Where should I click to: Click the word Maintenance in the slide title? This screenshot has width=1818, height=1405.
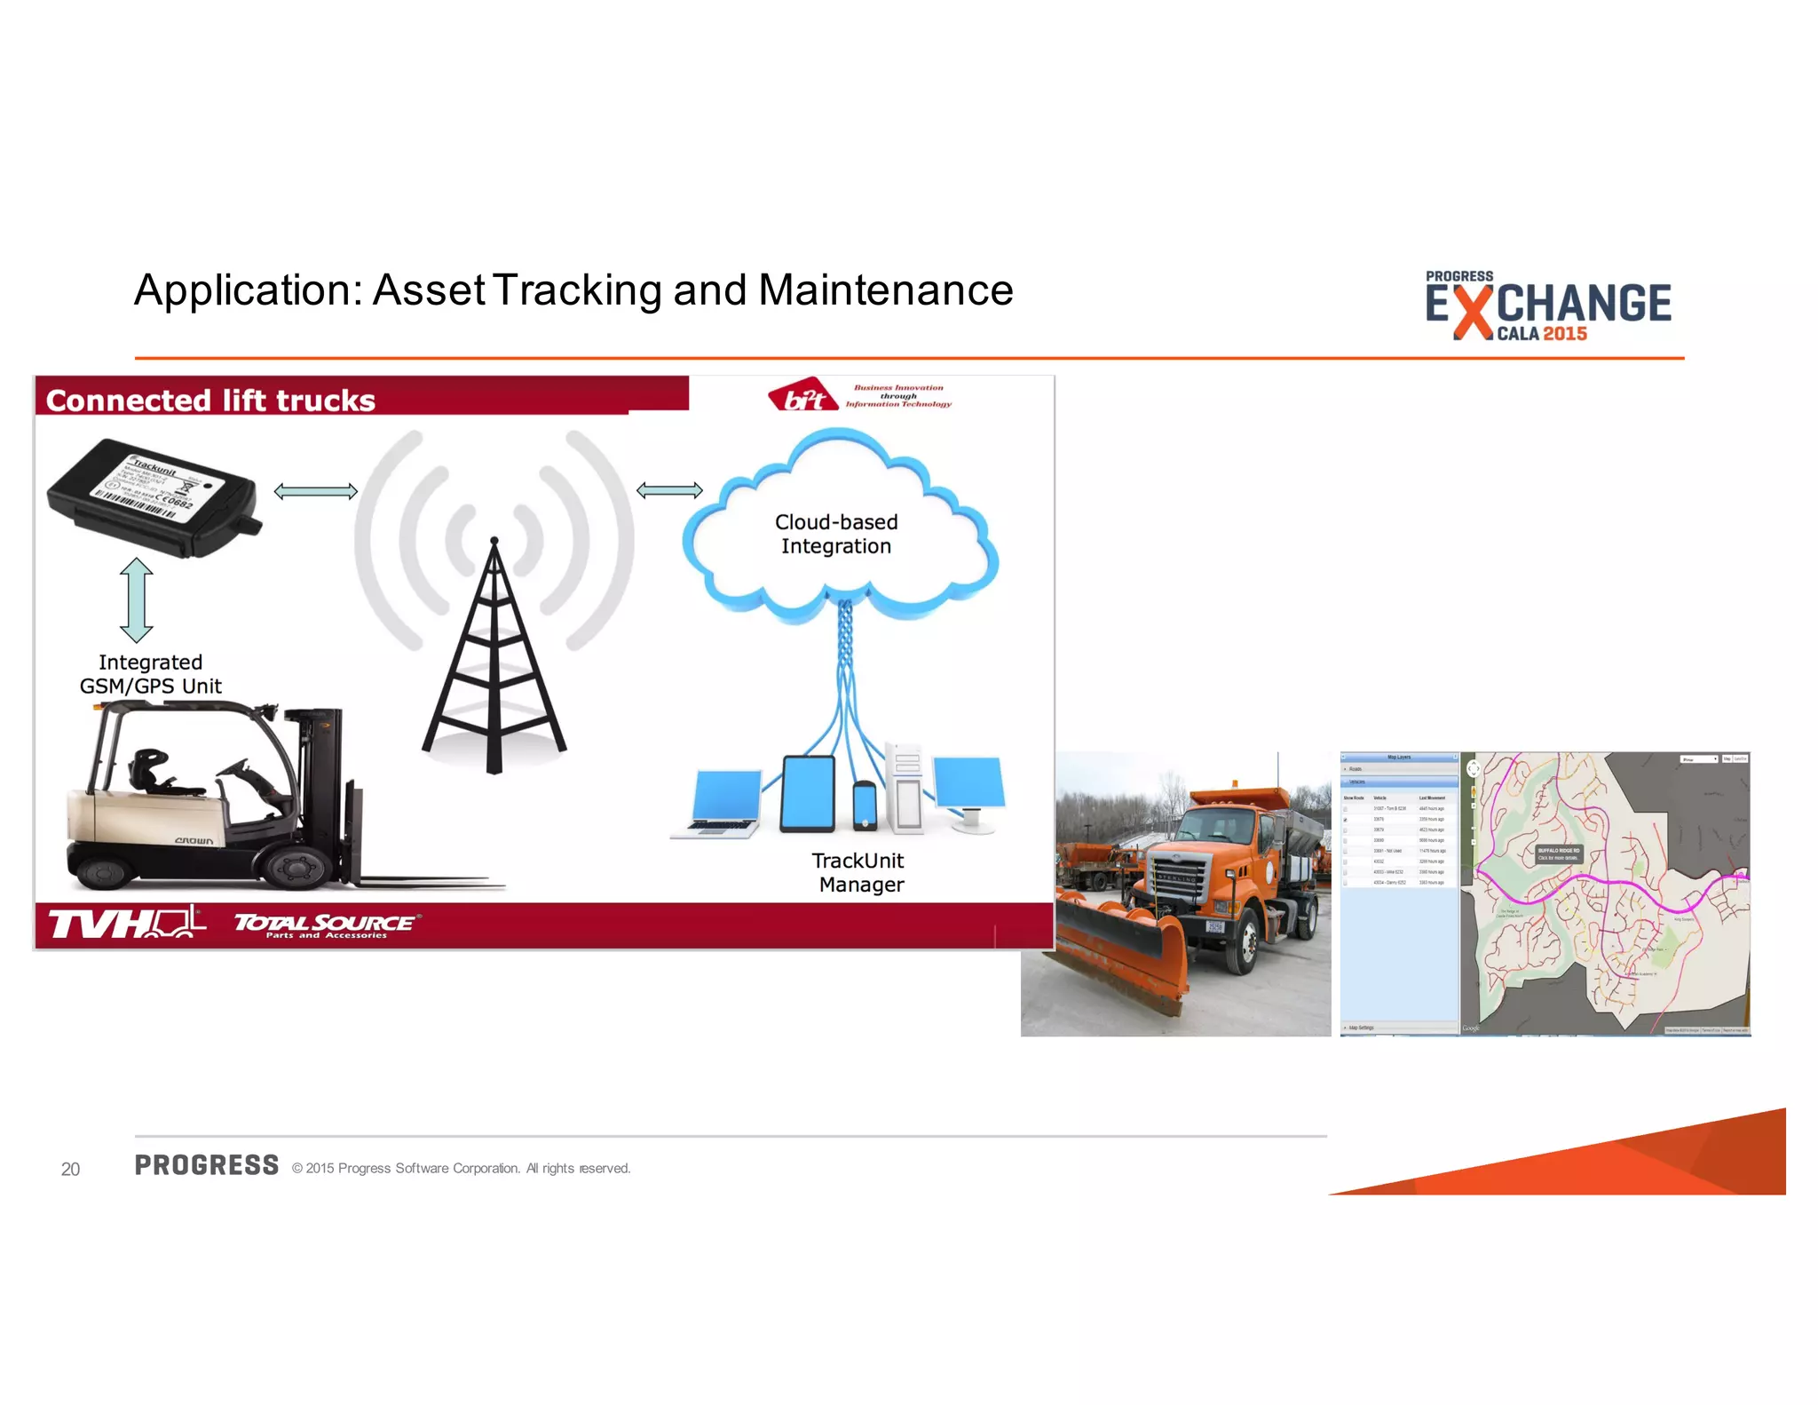tap(885, 290)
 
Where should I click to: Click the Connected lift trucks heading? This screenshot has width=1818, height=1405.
tap(210, 401)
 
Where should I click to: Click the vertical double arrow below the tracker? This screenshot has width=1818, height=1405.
tap(136, 599)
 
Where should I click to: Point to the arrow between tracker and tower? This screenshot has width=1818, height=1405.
tap(315, 491)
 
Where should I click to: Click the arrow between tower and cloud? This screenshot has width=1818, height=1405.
tap(669, 490)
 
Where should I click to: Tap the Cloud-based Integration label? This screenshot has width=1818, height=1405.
tap(835, 534)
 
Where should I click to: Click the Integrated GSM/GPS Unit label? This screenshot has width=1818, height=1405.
tap(150, 674)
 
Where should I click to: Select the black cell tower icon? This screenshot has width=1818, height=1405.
tap(494, 662)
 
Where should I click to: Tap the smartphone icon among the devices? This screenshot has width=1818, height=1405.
tap(864, 806)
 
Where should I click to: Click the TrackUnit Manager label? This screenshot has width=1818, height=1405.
tap(858, 872)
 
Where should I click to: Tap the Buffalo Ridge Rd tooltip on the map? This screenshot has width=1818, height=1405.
tap(1558, 853)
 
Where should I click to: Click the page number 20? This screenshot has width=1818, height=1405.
tap(70, 1169)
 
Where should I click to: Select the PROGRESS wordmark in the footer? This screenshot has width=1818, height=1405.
tap(207, 1165)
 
